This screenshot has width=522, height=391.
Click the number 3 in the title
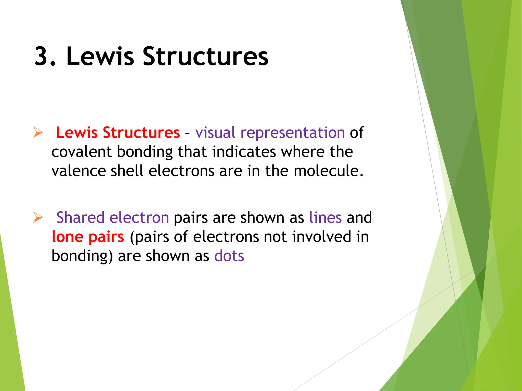point(42,56)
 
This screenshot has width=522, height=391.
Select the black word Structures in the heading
point(205,56)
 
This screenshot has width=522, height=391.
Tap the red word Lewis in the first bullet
point(77,133)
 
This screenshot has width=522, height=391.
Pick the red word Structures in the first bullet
point(141,133)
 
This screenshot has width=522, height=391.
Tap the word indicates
point(244,152)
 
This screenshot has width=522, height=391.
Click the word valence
point(79,171)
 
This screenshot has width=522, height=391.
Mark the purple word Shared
point(80,218)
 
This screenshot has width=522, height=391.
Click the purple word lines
point(325,218)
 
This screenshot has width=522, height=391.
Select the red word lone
point(68,237)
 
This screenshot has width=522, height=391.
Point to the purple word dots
point(229,256)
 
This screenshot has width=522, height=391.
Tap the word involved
point(321,237)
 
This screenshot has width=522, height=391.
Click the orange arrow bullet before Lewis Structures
point(38,133)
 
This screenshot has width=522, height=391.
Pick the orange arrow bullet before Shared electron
point(38,218)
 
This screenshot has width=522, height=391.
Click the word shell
point(127,171)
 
